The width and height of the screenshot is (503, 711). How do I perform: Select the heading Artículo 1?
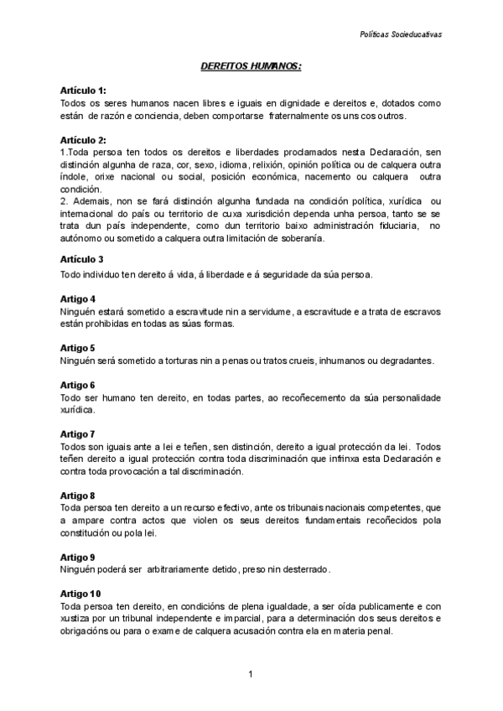coord(83,90)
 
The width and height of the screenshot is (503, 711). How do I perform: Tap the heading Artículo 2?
coord(83,139)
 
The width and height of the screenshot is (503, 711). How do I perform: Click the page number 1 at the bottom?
coord(251,673)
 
